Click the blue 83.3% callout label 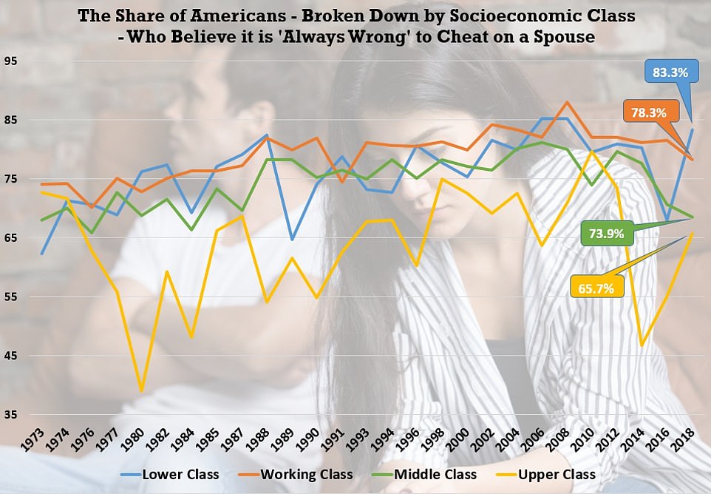pyautogui.click(x=670, y=72)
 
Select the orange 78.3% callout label pyautogui.click(x=649, y=113)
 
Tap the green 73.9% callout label pyautogui.click(x=607, y=234)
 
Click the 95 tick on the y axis pyautogui.click(x=13, y=61)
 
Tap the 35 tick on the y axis pyautogui.click(x=13, y=416)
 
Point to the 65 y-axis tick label pyautogui.click(x=13, y=238)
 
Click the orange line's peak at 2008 pyautogui.click(x=566, y=102)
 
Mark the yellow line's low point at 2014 pyautogui.click(x=642, y=345)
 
